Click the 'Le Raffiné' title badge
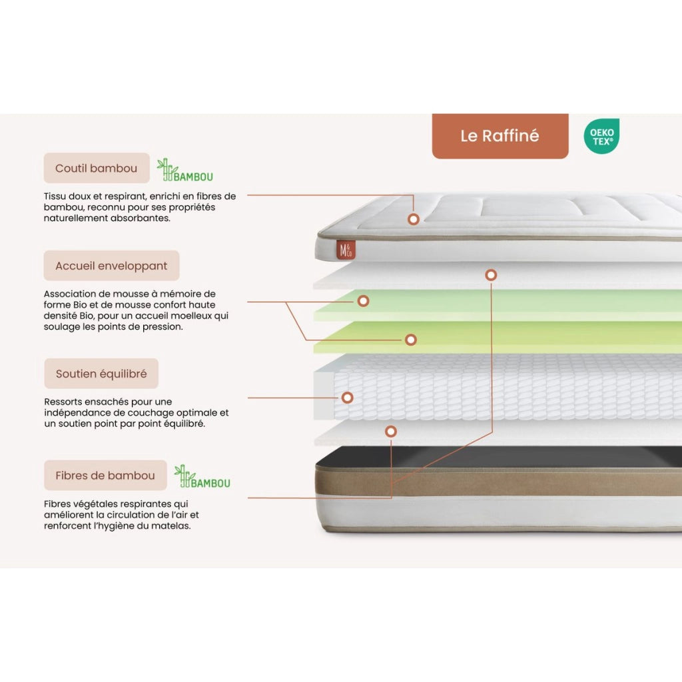click(500, 136)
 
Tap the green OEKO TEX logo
click(602, 136)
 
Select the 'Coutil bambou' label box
click(97, 168)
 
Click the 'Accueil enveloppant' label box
click(111, 265)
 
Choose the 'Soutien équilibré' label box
click(101, 373)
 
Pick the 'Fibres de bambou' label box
click(105, 475)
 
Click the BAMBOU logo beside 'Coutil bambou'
click(185, 170)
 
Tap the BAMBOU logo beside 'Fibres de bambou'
click(202, 476)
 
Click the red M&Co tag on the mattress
click(346, 250)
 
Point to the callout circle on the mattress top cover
click(414, 219)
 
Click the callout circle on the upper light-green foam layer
click(364, 301)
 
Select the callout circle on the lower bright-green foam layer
click(411, 340)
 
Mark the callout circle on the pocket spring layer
click(348, 398)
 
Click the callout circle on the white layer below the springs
click(391, 432)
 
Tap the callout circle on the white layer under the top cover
click(491, 275)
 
